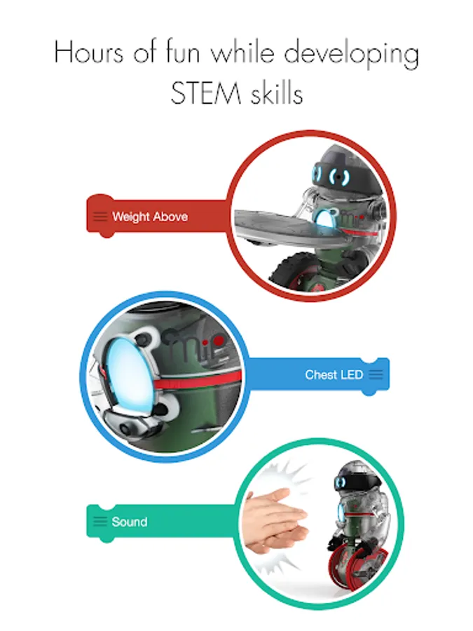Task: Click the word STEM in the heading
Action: coord(205,93)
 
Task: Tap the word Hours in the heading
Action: coord(88,53)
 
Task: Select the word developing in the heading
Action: coord(351,54)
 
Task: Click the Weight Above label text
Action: coord(150,217)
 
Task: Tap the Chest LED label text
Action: coord(334,374)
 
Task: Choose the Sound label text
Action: coord(130,522)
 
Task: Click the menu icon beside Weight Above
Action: coord(100,217)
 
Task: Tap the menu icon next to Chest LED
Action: coord(376,374)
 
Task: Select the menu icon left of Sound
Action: coord(100,522)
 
